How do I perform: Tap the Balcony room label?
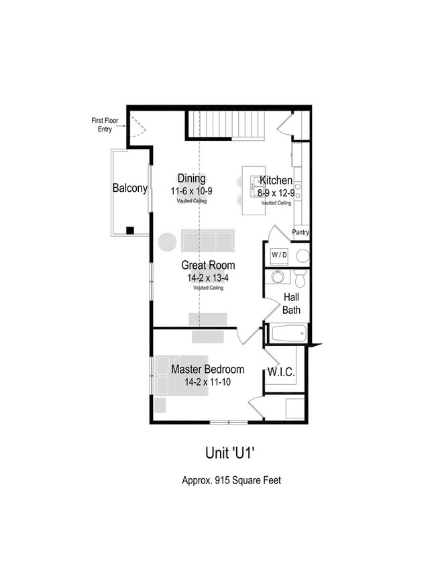(129, 188)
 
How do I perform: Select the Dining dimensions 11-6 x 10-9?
(191, 191)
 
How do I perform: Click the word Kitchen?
(276, 180)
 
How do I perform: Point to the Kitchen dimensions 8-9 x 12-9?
(276, 192)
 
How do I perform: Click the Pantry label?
(301, 233)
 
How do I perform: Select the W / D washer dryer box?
(278, 255)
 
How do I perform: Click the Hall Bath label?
(291, 303)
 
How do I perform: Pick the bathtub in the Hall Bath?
(287, 331)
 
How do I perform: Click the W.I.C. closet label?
(282, 371)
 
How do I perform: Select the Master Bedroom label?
(207, 369)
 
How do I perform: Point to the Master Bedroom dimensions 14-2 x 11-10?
(207, 382)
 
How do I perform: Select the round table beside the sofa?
(167, 241)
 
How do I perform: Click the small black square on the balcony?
(129, 230)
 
